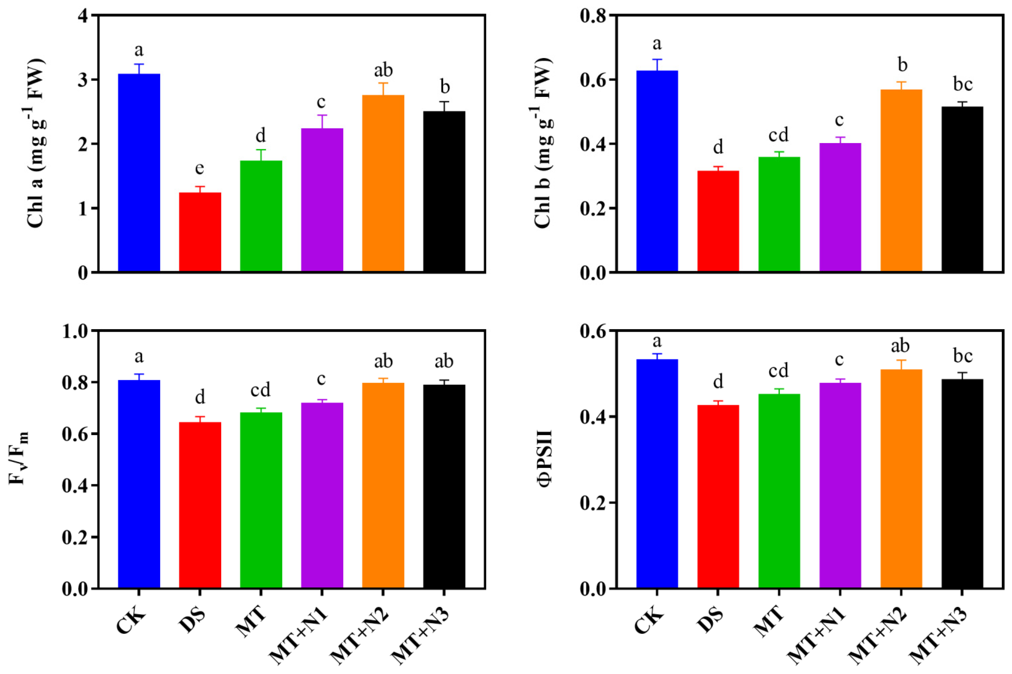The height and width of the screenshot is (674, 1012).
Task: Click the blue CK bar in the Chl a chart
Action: click(139, 172)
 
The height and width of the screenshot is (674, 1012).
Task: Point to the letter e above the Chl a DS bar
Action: click(199, 168)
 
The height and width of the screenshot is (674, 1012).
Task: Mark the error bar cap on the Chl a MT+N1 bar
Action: click(322, 115)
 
